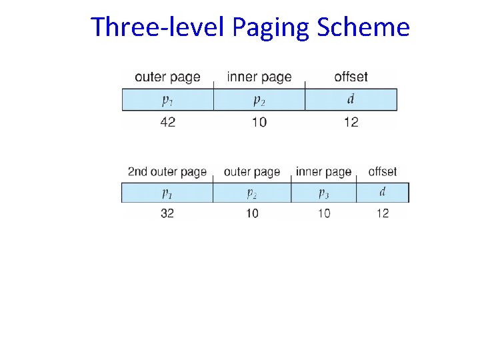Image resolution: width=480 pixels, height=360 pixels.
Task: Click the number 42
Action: click(x=168, y=122)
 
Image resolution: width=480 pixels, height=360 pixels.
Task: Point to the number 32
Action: click(x=167, y=213)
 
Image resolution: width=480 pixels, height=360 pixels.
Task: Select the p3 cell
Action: click(x=323, y=193)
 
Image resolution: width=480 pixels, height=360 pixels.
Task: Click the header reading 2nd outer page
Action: click(x=167, y=172)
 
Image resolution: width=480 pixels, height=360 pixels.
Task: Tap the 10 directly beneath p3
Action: click(x=323, y=213)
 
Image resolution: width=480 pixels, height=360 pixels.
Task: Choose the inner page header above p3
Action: click(x=323, y=172)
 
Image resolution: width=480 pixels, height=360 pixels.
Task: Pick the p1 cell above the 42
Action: click(x=168, y=100)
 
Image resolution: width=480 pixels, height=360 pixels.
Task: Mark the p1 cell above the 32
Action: click(x=167, y=193)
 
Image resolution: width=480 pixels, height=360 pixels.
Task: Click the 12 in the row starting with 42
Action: click(x=351, y=122)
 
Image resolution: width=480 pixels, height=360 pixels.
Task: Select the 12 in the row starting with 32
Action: click(x=383, y=213)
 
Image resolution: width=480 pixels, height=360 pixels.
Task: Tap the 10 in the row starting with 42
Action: click(x=259, y=122)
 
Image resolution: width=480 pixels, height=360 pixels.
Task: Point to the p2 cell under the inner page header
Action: click(x=259, y=100)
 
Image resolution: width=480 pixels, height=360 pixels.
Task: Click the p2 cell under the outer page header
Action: click(x=252, y=193)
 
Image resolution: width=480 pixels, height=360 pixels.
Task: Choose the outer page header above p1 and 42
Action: click(x=167, y=77)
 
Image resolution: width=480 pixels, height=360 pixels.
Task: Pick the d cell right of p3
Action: click(x=383, y=193)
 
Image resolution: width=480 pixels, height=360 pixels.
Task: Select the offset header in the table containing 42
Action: click(x=351, y=77)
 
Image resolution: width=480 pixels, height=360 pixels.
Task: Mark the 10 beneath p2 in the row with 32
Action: click(x=252, y=213)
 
